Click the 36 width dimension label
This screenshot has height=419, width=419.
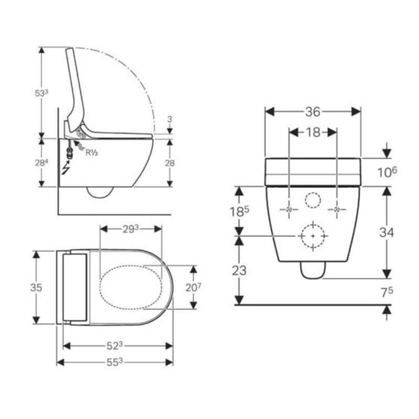point(313,112)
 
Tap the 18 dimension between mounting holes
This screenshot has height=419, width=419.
point(313,133)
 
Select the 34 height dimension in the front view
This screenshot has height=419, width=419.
point(387,233)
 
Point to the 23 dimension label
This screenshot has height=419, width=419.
point(239,271)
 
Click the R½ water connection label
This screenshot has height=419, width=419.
point(92,152)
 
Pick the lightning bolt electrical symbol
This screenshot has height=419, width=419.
point(66,168)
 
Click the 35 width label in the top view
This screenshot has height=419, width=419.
point(36,288)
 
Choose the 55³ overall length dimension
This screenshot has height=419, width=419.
point(115,362)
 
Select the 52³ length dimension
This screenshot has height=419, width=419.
point(115,346)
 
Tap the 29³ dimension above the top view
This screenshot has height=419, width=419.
point(130,229)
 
